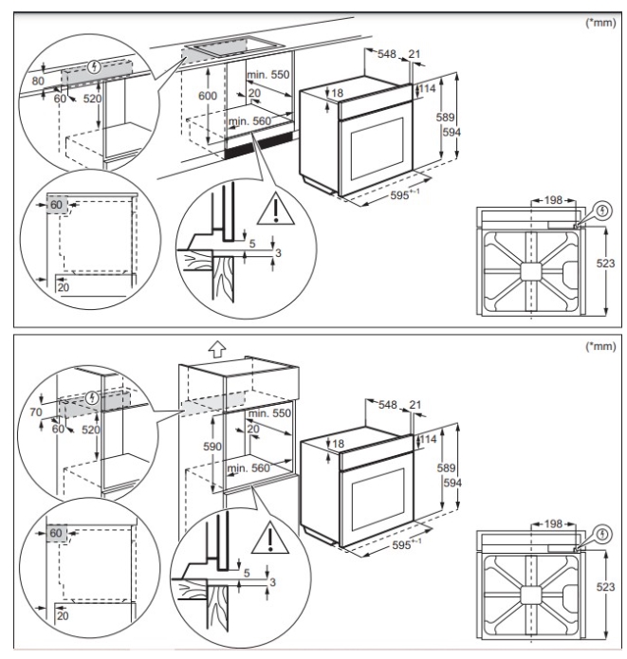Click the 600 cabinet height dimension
[x=208, y=97]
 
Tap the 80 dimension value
[x=36, y=81]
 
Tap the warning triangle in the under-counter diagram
[x=275, y=208]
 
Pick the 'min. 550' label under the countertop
[x=267, y=74]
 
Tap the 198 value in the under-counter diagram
[x=554, y=201]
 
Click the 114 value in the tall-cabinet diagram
[x=427, y=440]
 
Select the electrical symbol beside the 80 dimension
[x=92, y=67]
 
